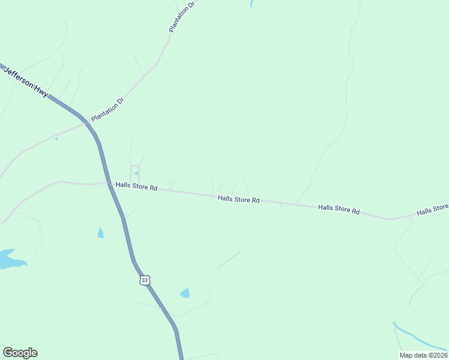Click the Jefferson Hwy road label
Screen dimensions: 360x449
pos(26,83)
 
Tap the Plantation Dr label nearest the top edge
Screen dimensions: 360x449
pos(182,17)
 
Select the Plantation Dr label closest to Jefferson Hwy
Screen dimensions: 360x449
pos(107,109)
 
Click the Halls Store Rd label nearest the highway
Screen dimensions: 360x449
pos(136,187)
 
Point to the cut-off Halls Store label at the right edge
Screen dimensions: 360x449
pos(432,209)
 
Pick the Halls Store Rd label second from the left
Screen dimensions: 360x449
pos(238,199)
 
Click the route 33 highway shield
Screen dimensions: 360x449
pos(144,280)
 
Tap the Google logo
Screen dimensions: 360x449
pos(20,353)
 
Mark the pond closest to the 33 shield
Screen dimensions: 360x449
pos(185,293)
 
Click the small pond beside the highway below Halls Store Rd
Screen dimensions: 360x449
pos(100,233)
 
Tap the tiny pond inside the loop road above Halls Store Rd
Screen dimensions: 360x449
pos(137,174)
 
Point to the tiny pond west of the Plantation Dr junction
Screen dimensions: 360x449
pos(56,139)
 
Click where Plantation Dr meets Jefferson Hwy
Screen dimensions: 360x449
pos(86,122)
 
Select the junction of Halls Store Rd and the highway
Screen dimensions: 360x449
pos(109,183)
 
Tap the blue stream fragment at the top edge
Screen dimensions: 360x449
pos(250,4)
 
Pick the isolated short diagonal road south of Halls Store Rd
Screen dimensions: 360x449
pos(229,259)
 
